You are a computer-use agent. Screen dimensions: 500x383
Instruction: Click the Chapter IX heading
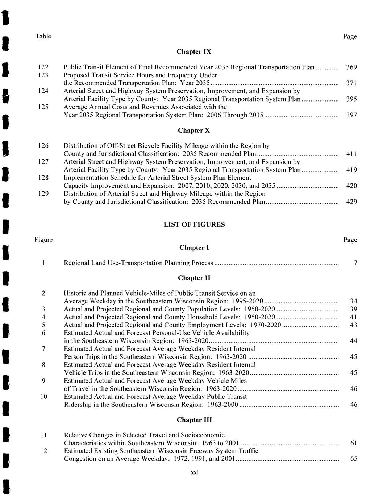[x=194, y=52]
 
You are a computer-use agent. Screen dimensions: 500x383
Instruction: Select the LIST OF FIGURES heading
[x=194, y=224]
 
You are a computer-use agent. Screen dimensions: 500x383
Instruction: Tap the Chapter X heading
[x=194, y=131]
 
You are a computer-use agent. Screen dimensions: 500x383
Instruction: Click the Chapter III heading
[x=194, y=420]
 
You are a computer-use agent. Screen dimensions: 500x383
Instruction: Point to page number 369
[x=351, y=67]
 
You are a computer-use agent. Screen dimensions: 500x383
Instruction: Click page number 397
[x=351, y=115]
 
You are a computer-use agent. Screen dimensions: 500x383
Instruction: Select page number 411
[x=351, y=154]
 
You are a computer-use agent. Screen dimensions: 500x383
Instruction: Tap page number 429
[x=351, y=202]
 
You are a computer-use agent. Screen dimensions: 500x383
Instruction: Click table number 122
[x=43, y=67]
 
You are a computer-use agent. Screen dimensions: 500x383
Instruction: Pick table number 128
[x=43, y=178]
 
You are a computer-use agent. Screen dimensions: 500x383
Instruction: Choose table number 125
[x=43, y=107]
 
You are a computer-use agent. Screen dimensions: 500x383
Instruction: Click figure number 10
[x=43, y=397]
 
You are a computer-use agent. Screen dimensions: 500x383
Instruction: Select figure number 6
[x=43, y=333]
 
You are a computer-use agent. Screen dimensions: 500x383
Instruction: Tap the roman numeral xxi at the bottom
[x=194, y=472]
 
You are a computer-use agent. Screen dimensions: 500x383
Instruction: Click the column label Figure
[x=43, y=240]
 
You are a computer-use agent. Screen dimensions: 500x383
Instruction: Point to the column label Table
[x=43, y=36]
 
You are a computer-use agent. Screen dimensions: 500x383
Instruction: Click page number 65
[x=354, y=459]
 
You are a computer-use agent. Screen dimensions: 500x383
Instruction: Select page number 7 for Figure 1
[x=355, y=263]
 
